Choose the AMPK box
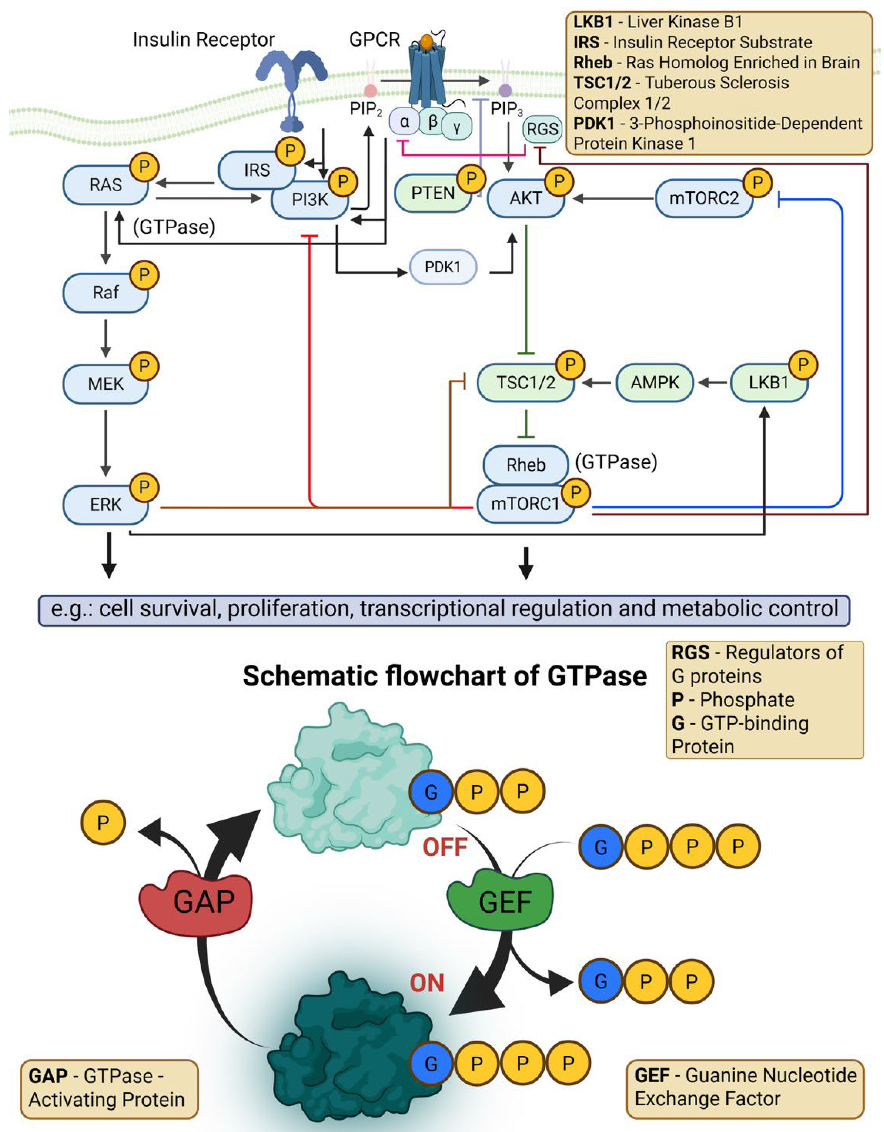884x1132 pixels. [654, 382]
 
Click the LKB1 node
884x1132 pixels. [768, 382]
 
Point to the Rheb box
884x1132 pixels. [525, 465]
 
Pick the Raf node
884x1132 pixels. [105, 293]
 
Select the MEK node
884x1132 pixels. [105, 384]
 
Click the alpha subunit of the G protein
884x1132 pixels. [405, 122]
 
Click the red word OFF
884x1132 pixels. [445, 848]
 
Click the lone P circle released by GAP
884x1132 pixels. [103, 823]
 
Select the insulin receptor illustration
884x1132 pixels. [292, 91]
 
